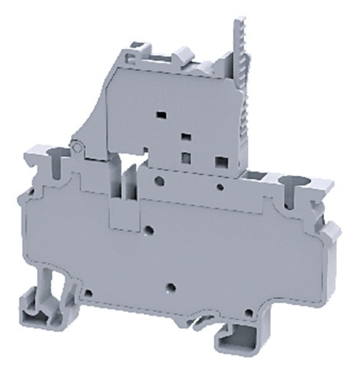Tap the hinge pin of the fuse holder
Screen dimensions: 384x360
pos(77,147)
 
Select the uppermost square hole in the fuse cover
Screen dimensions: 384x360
pos(162,114)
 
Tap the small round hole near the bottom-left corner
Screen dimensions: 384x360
pos(89,293)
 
